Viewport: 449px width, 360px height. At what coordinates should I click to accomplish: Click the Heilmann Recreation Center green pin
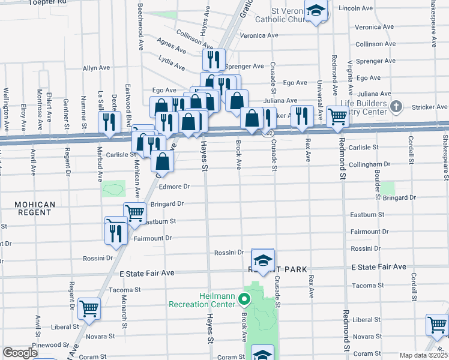click(x=244, y=298)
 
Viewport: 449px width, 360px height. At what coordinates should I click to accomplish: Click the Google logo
click(x=20, y=353)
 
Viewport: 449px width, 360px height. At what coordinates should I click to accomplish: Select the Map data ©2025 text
click(x=423, y=355)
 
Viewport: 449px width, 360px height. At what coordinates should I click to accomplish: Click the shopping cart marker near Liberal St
click(x=89, y=309)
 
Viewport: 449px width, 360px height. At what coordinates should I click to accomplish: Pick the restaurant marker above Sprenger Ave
click(x=214, y=59)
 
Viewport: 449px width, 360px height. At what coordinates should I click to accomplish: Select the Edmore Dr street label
click(x=174, y=187)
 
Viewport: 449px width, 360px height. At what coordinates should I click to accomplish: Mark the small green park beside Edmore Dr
click(x=114, y=190)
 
